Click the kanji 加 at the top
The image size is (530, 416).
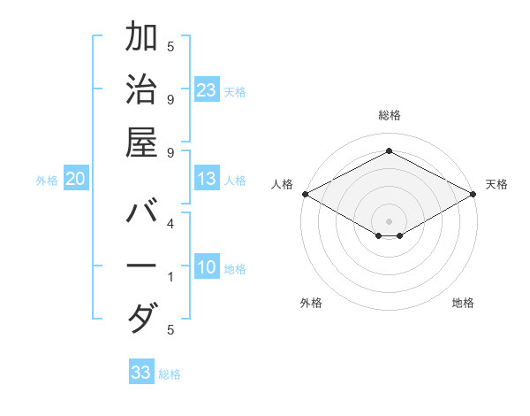click(141, 39)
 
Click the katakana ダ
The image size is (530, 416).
click(141, 318)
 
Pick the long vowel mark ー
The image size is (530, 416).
click(141, 266)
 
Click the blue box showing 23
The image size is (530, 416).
click(207, 90)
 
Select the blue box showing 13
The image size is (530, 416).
click(207, 179)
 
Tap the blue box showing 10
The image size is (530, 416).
click(207, 268)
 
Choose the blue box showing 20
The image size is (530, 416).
click(76, 179)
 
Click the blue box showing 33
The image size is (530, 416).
click(141, 373)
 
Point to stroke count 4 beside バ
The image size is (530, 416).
click(170, 225)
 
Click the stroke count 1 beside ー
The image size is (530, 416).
click(170, 277)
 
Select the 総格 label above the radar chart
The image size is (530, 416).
click(389, 115)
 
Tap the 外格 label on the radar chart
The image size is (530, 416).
click(311, 303)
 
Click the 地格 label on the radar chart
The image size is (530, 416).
click(463, 303)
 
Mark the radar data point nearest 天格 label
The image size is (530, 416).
click(473, 194)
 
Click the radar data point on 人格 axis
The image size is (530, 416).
click(305, 194)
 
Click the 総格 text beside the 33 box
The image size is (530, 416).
click(170, 374)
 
